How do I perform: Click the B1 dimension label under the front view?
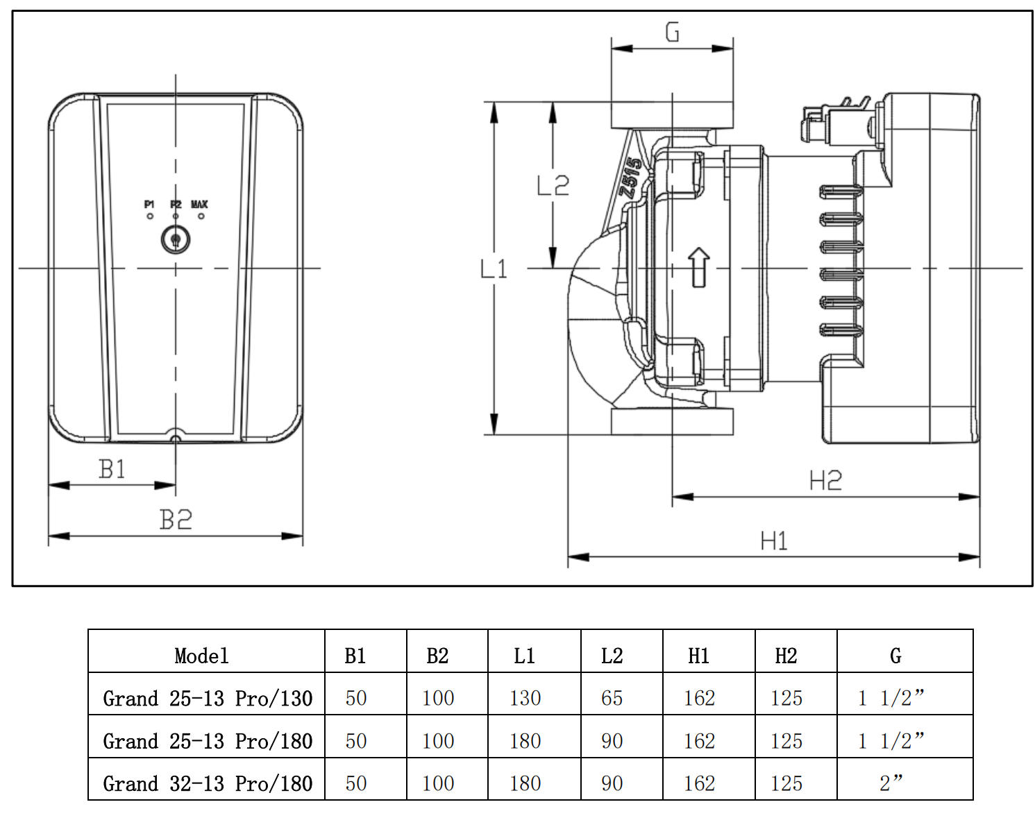coord(112,469)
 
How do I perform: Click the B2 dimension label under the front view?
coord(175,519)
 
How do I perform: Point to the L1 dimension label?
coord(494,269)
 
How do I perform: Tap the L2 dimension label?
coord(553,185)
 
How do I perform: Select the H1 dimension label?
coord(774,540)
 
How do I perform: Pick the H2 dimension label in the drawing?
coord(825,480)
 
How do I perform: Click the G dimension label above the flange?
coord(672,31)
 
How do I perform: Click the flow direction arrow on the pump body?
coord(699,267)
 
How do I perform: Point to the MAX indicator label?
coord(199,205)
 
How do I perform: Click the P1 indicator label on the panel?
coord(149,205)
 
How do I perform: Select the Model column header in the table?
coord(201,656)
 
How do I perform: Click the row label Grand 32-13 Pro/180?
coord(208,783)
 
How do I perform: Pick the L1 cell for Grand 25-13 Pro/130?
coord(525,698)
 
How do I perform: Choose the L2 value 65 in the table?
coord(612,698)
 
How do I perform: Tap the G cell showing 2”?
coord(891,783)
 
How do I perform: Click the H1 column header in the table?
coord(698,656)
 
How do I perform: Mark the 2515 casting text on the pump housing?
coord(631,178)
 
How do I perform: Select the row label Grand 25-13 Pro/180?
coord(208,741)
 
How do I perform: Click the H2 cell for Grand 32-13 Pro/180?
coord(786,783)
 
